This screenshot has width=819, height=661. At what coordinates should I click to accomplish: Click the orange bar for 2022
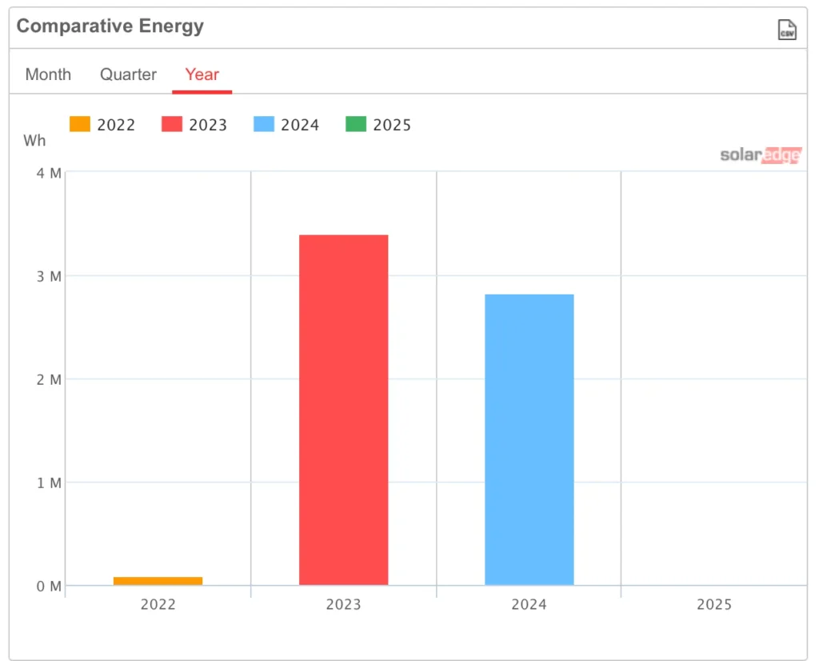(x=158, y=581)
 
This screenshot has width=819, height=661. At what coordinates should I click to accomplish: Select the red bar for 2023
(x=343, y=410)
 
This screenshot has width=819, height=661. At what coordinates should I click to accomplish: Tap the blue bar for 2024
(x=529, y=439)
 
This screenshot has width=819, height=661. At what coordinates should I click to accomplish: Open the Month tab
(x=48, y=74)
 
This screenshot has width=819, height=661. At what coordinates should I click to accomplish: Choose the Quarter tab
(x=128, y=74)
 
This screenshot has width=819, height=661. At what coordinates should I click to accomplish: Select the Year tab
(x=202, y=74)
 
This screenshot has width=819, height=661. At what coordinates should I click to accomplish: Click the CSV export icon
(x=787, y=30)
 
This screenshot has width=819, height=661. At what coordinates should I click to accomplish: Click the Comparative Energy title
(x=110, y=26)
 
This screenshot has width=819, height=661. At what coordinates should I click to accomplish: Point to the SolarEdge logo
(x=760, y=155)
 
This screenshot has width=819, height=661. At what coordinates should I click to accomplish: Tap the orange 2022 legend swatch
(x=80, y=124)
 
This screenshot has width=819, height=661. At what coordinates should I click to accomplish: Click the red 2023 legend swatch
(x=172, y=124)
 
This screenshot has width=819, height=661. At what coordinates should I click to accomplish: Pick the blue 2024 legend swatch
(x=264, y=124)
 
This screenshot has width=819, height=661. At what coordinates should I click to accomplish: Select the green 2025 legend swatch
(x=356, y=124)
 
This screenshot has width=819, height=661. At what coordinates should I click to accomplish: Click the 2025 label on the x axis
(x=713, y=604)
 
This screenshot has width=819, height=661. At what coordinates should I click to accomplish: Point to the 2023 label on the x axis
(x=343, y=604)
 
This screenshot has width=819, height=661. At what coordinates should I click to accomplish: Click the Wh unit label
(x=34, y=141)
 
